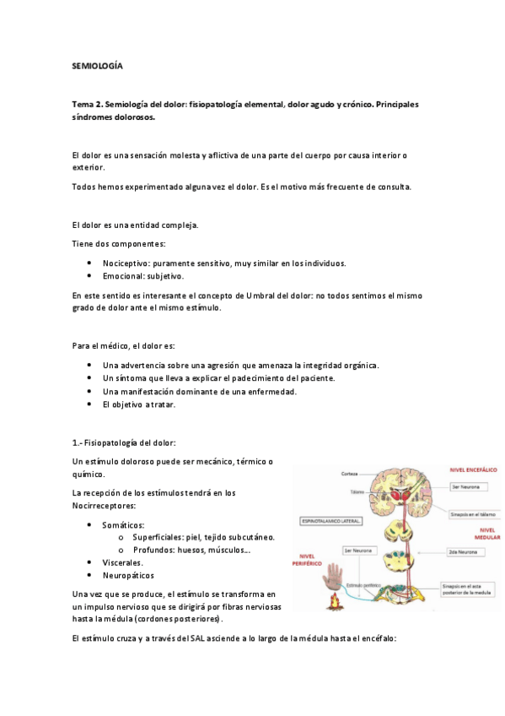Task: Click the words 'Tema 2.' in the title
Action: click(86, 104)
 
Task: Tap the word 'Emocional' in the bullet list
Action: click(122, 275)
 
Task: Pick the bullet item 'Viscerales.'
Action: click(122, 561)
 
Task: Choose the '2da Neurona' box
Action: click(466, 551)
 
